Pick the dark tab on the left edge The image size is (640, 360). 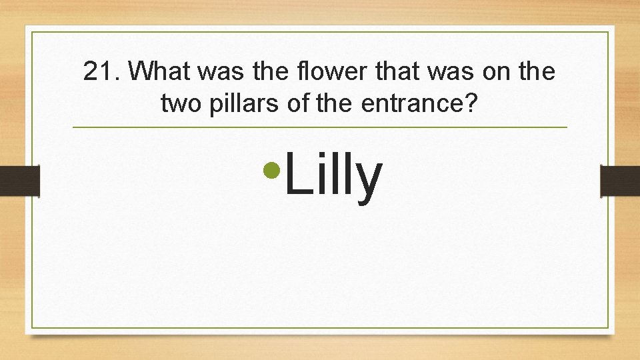click(x=20, y=181)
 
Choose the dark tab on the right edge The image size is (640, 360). click(x=620, y=181)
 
